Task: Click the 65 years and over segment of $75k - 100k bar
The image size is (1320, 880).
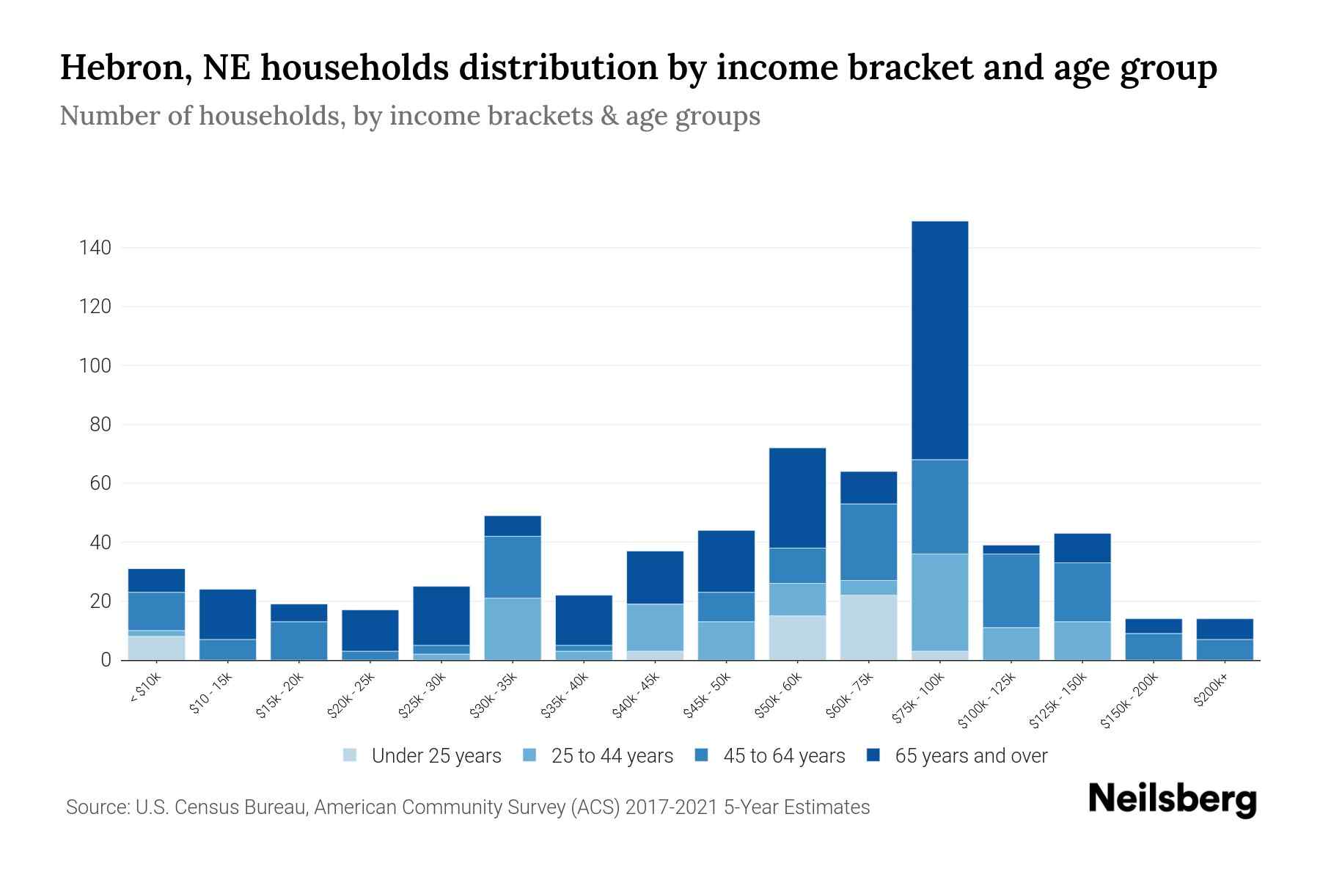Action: pos(939,340)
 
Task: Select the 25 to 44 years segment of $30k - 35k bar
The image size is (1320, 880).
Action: pos(513,628)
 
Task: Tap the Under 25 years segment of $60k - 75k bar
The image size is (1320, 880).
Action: pos(868,627)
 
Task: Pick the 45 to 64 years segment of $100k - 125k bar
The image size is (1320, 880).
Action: pos(1011,590)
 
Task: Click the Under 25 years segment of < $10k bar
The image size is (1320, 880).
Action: pos(156,648)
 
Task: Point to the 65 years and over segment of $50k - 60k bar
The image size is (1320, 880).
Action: pos(797,497)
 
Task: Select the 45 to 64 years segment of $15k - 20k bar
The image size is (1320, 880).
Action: pos(298,640)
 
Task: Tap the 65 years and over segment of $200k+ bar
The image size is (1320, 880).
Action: pos(1225,628)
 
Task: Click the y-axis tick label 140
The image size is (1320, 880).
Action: pos(95,248)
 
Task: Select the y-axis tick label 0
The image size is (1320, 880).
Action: pos(106,660)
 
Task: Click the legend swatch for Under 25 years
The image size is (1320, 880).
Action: pos(351,755)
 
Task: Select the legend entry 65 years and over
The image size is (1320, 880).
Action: pos(971,755)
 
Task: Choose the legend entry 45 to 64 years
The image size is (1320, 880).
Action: pos(784,755)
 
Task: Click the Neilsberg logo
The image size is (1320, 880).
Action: pos(1172,800)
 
